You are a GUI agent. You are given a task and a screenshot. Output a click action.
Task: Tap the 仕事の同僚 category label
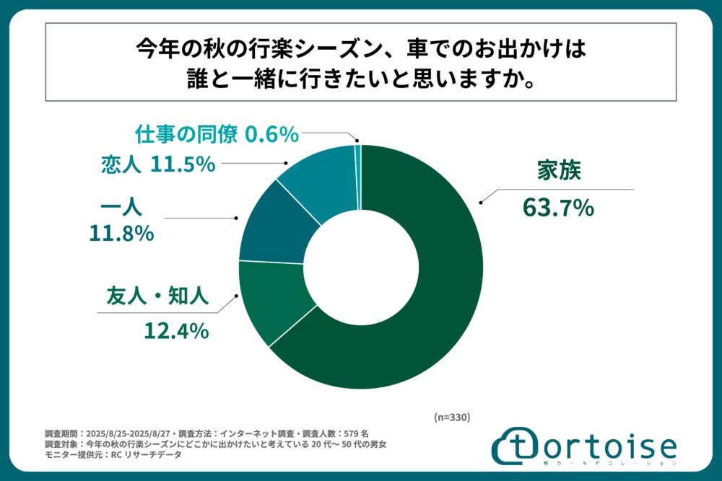[188, 134]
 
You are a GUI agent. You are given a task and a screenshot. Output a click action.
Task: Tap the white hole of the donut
[361, 267]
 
